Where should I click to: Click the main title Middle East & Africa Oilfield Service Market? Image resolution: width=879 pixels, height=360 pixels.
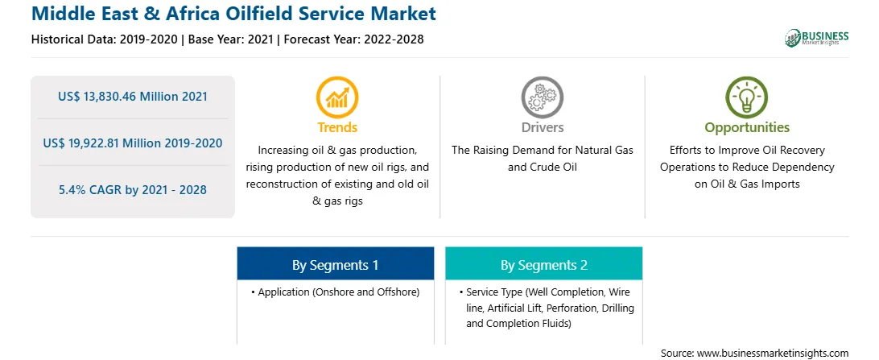233,14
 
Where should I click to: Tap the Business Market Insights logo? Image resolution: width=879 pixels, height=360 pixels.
817,38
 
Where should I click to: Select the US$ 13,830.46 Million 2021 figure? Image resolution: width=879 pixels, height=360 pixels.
133,97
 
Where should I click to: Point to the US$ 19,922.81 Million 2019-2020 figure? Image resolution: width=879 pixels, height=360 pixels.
133,143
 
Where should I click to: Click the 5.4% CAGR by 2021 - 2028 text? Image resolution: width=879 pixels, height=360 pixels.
133,190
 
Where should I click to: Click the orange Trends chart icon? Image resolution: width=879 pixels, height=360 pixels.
337,97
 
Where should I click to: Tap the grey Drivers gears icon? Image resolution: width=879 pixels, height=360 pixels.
542,97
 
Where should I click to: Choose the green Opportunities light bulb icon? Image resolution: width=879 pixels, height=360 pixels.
747,97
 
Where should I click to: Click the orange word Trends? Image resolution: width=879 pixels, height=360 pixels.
337,128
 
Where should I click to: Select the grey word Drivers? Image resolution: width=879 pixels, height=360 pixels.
542,128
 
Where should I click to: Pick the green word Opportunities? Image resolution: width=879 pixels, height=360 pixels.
747,128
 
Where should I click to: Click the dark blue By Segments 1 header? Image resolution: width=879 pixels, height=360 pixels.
335,264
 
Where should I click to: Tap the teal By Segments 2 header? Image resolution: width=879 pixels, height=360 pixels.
544,264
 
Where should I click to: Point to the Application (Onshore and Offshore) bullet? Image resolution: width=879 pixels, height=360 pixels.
335,292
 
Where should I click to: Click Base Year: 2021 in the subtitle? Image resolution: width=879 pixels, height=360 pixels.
231,39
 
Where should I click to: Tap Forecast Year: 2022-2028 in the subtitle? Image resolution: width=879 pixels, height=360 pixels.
353,39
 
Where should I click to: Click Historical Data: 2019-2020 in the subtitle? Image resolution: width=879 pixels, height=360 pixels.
105,39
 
